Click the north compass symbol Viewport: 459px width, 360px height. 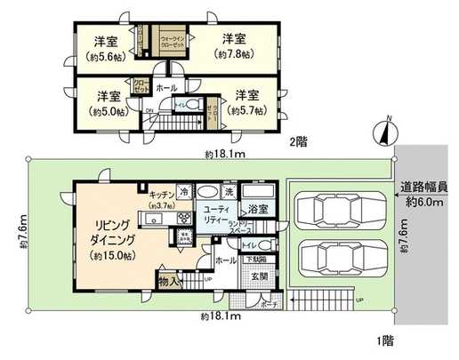[x=383, y=132]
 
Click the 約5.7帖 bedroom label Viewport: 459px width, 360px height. [x=246, y=102]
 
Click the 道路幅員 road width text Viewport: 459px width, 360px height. [x=423, y=188]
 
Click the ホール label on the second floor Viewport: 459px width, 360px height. [x=165, y=89]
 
